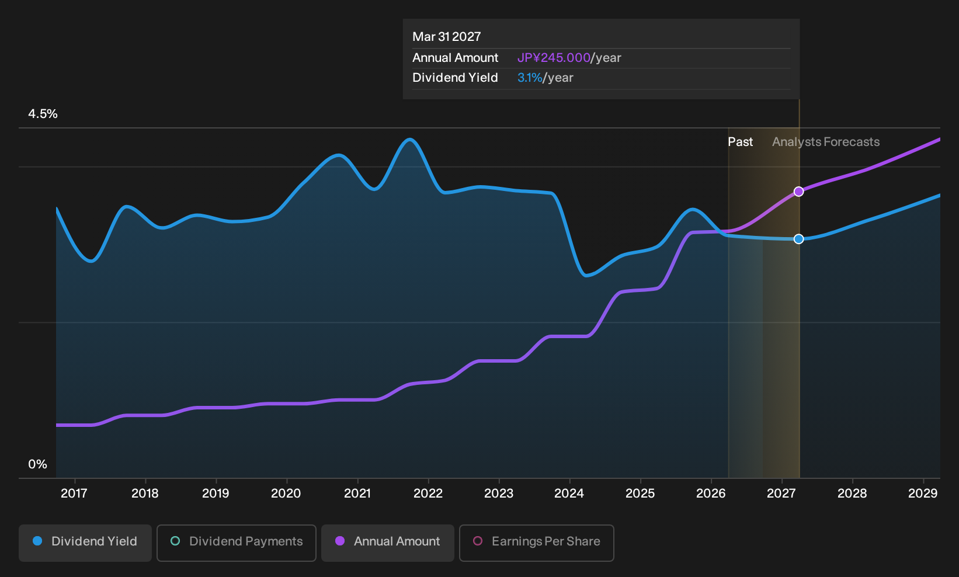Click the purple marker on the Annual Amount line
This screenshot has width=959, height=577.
tap(798, 192)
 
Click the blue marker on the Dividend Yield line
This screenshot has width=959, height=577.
tap(798, 239)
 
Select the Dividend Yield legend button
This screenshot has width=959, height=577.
tap(85, 543)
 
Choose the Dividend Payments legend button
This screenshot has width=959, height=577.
tap(237, 543)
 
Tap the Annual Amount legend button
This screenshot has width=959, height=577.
tap(387, 543)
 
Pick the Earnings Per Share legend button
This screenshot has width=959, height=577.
tap(536, 543)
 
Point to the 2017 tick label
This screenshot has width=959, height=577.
tap(74, 493)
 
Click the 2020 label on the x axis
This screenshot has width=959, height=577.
tap(286, 493)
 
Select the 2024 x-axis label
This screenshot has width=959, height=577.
tap(569, 493)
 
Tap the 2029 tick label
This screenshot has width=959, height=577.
tap(923, 493)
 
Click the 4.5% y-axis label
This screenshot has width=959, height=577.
tap(43, 114)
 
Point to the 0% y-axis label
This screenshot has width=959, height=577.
tap(38, 464)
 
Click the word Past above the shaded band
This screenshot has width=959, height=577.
tap(740, 142)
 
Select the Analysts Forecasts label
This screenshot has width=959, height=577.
tap(826, 142)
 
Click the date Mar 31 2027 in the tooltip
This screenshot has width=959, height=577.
tap(447, 37)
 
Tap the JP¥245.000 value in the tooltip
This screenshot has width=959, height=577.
tap(554, 58)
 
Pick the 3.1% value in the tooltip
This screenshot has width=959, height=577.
tap(530, 78)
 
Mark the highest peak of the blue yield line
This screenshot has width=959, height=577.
tap(410, 139)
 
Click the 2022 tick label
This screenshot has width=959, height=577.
tap(428, 493)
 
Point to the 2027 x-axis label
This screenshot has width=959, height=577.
tap(781, 493)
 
